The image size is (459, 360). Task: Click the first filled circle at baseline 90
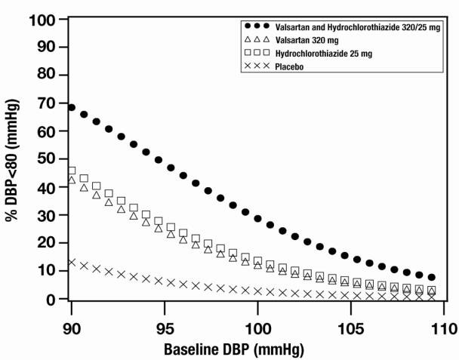(x=72, y=107)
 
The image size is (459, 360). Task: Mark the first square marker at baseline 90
(x=72, y=171)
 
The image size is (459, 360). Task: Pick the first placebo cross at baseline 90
(x=72, y=263)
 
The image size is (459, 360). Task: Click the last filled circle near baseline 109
(x=432, y=277)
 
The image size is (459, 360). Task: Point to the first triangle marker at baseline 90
(x=72, y=180)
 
